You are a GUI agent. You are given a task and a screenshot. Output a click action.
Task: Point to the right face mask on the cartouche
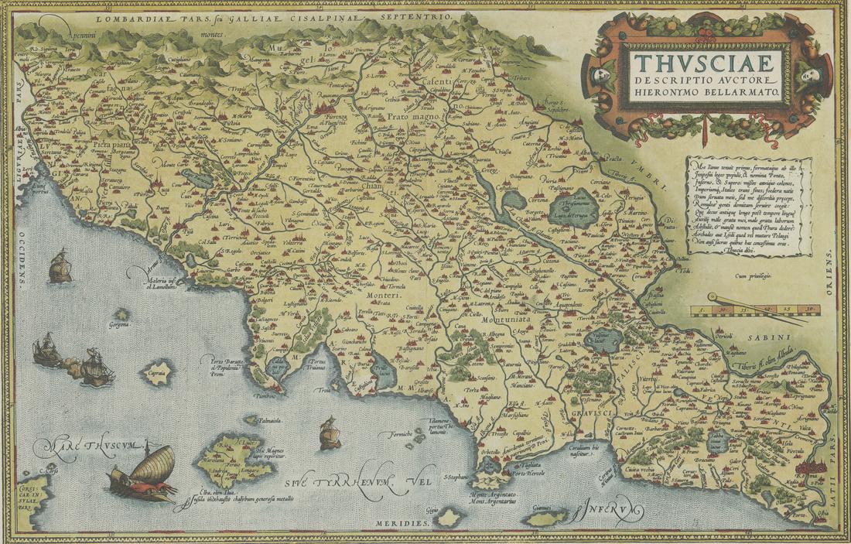click(809, 74)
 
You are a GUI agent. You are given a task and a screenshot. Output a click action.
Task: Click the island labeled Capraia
click(158, 372)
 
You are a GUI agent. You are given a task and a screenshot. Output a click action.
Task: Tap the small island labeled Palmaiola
click(251, 419)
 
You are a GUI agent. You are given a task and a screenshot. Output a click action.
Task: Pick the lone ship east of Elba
click(330, 433)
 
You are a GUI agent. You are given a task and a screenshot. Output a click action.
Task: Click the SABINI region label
click(771, 337)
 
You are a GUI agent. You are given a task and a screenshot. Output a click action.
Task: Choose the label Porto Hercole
click(533, 474)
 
